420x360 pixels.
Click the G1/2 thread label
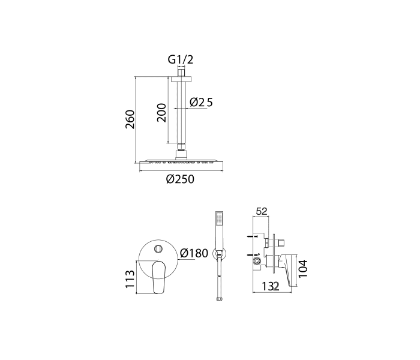pos(180,59)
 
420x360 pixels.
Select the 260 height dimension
pos(130,119)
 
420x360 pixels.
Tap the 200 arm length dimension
pos(161,113)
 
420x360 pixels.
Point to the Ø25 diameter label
pos(201,102)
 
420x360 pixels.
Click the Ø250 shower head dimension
pos(180,179)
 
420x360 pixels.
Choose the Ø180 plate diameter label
pos(194,253)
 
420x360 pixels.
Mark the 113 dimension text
pos(130,279)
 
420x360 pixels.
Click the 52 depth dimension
pos(262,211)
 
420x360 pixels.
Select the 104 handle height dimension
pos(303,269)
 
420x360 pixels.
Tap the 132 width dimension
pos(271,287)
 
